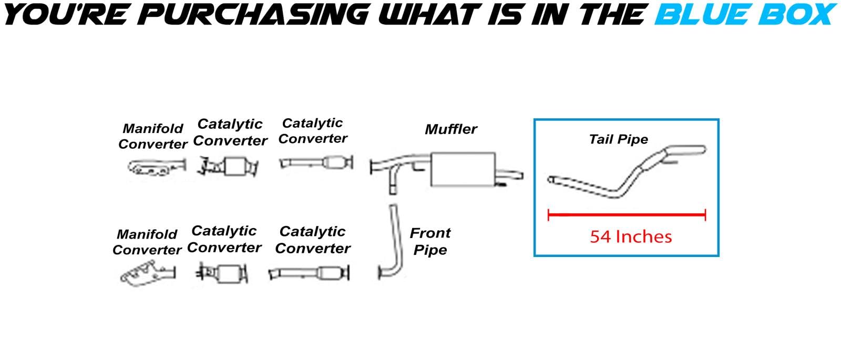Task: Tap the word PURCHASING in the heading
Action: tap(253, 14)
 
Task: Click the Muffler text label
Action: tap(451, 129)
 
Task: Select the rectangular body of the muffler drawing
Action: tap(463, 169)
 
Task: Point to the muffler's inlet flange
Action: tap(371, 167)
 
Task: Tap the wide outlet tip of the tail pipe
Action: tap(685, 150)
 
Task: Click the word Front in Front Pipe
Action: tap(430, 233)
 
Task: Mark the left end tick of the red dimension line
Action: tap(549, 215)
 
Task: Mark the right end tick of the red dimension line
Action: tap(705, 215)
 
